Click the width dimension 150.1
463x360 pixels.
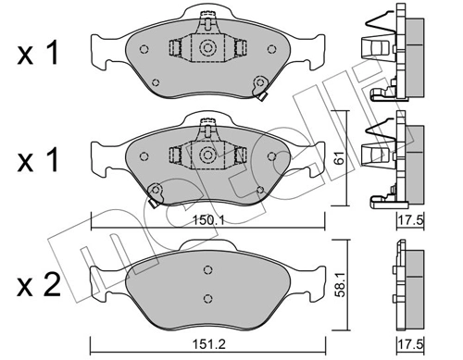click(x=209, y=221)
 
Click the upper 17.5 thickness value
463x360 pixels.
click(x=407, y=221)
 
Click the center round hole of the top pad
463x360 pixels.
click(x=207, y=48)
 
